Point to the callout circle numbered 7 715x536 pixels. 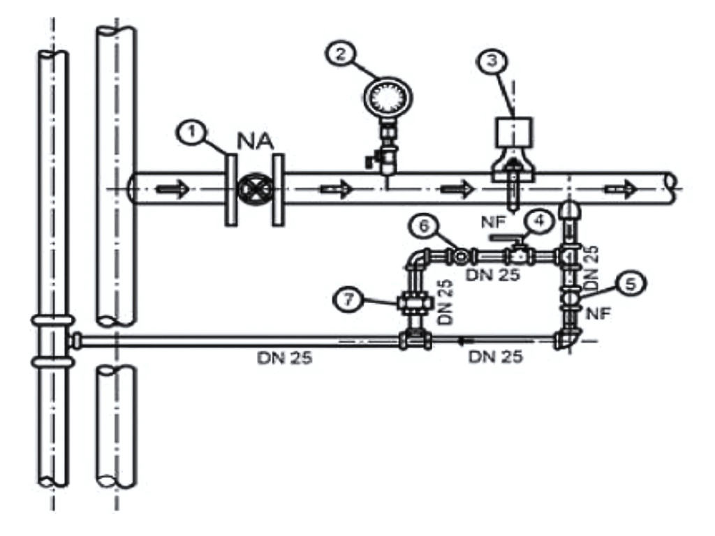349,300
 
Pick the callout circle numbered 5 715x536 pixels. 631,285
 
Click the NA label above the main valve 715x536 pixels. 256,141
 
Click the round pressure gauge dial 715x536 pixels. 388,97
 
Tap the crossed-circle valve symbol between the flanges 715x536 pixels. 254,188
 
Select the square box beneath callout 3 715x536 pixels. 513,132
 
